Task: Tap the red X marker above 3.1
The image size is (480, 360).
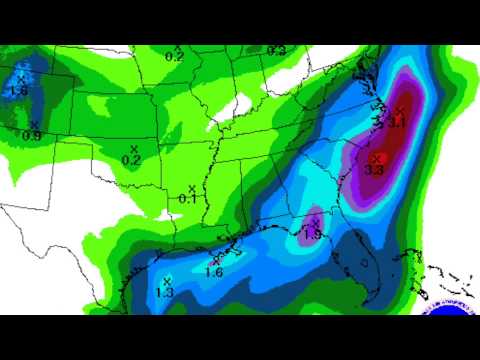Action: coord(399,110)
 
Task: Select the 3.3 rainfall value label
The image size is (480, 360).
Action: coord(375,170)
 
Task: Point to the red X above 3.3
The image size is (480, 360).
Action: coord(376,157)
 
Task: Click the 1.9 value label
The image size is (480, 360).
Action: coord(312,235)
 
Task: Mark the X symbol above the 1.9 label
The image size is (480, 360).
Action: coord(316,222)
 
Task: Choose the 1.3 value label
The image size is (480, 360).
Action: coord(165,292)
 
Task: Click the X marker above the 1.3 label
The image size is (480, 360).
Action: coord(168,279)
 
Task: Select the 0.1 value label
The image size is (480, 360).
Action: coord(187,199)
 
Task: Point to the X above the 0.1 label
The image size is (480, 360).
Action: coord(191,187)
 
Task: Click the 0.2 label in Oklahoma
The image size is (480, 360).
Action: coord(130,160)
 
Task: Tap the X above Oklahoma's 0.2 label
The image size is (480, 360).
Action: coord(134,148)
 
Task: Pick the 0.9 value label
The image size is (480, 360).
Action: coord(31,135)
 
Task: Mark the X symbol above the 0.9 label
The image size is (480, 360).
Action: coord(35,123)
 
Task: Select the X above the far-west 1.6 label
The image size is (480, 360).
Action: coord(21,76)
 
